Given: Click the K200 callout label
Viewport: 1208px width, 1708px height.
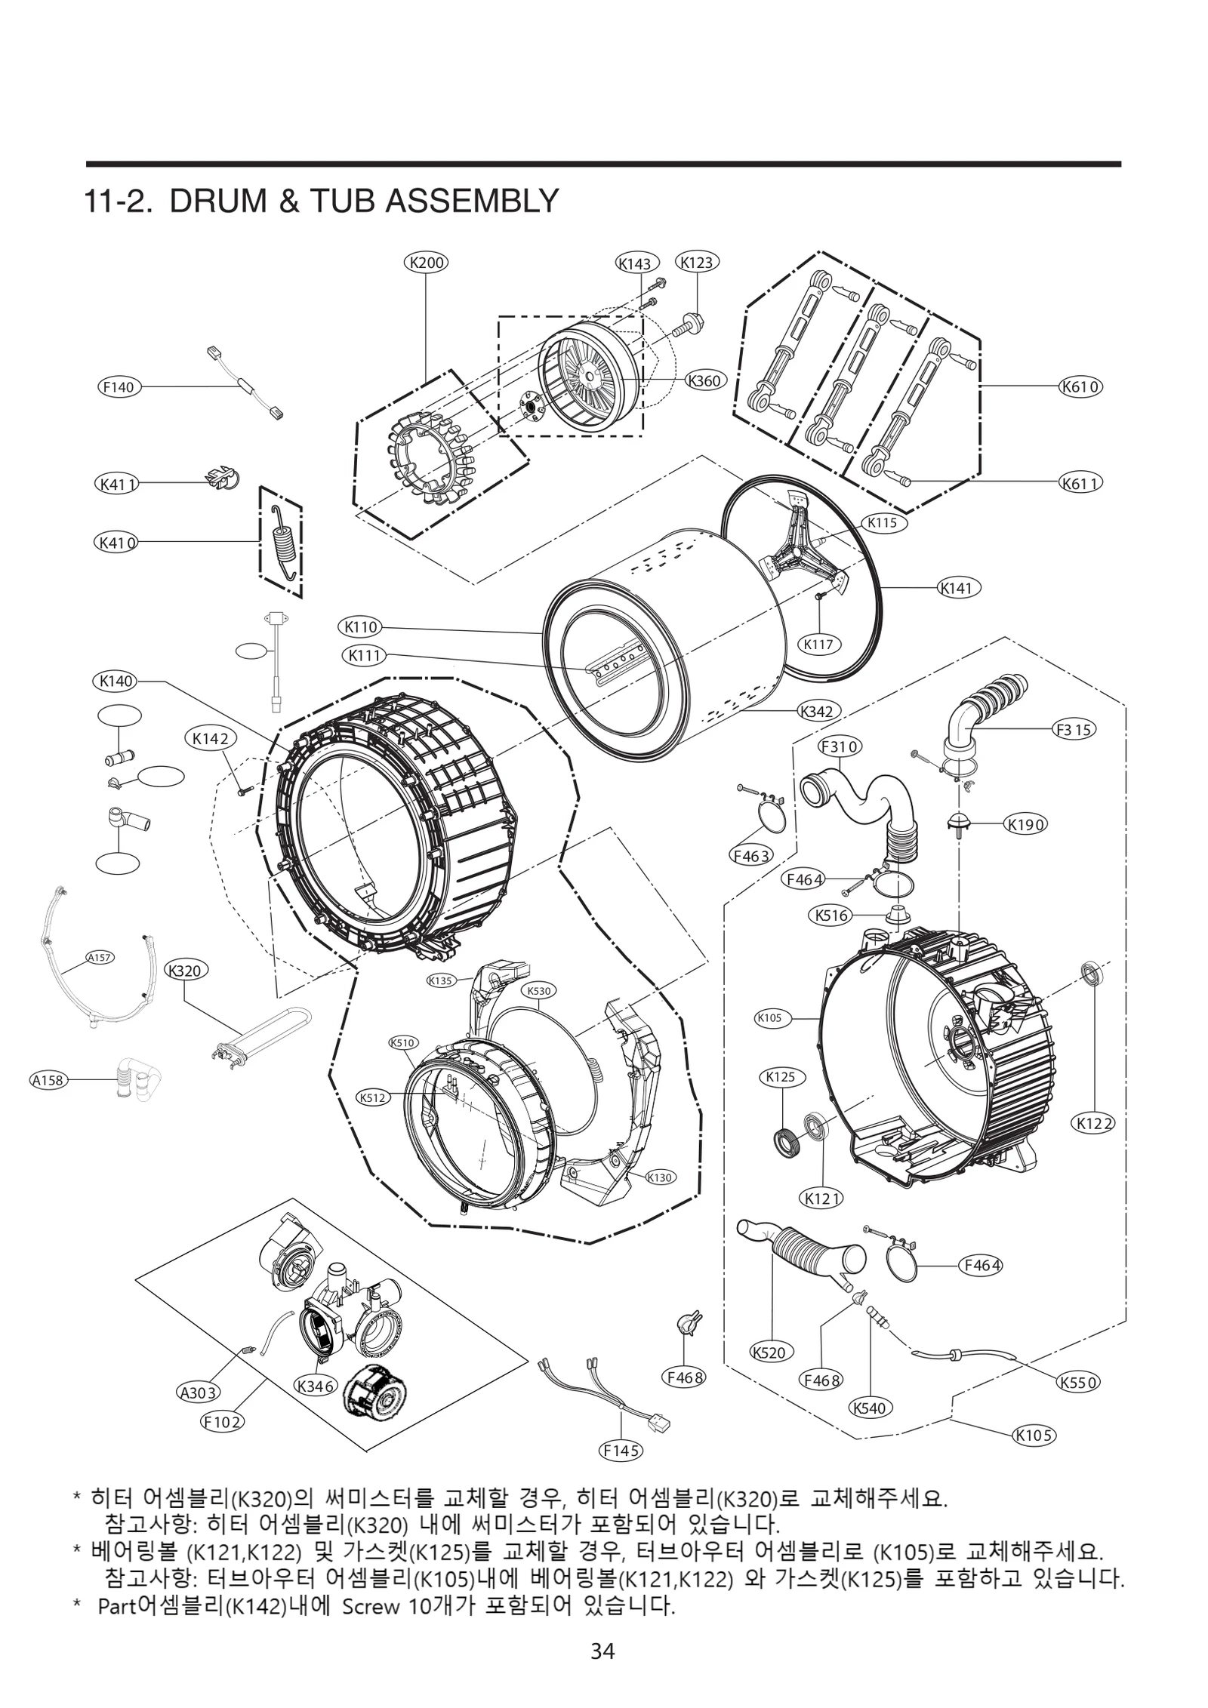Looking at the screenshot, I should click(426, 263).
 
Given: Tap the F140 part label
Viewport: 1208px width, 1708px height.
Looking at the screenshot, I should click(119, 387).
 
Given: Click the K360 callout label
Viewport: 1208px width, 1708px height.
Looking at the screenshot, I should click(705, 381).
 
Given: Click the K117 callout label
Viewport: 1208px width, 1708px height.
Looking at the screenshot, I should click(818, 645).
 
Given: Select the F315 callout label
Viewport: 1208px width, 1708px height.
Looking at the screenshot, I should click(1074, 730).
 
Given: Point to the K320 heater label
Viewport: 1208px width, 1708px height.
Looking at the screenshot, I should click(186, 971).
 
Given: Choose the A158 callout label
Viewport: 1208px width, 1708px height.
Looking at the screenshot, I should click(47, 1081).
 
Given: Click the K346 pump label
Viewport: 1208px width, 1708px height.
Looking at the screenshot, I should click(316, 1386).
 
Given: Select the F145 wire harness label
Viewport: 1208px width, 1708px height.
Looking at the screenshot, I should click(621, 1450).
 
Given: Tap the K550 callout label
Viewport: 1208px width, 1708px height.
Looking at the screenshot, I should click(1077, 1383).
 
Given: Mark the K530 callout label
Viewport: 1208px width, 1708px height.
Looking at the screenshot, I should click(539, 990).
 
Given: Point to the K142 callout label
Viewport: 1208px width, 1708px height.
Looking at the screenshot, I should click(210, 740).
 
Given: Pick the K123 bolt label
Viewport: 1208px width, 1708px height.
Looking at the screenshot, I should click(696, 263).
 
